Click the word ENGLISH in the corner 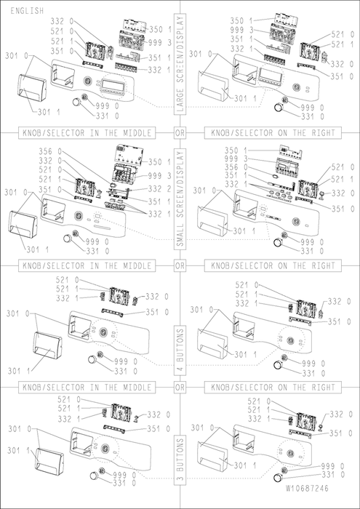27,11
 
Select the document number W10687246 307,488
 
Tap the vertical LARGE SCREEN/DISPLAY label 180,64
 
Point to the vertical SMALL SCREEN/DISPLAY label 180,199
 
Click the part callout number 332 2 159,188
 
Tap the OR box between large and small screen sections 180,133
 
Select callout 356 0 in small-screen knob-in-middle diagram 50,151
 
